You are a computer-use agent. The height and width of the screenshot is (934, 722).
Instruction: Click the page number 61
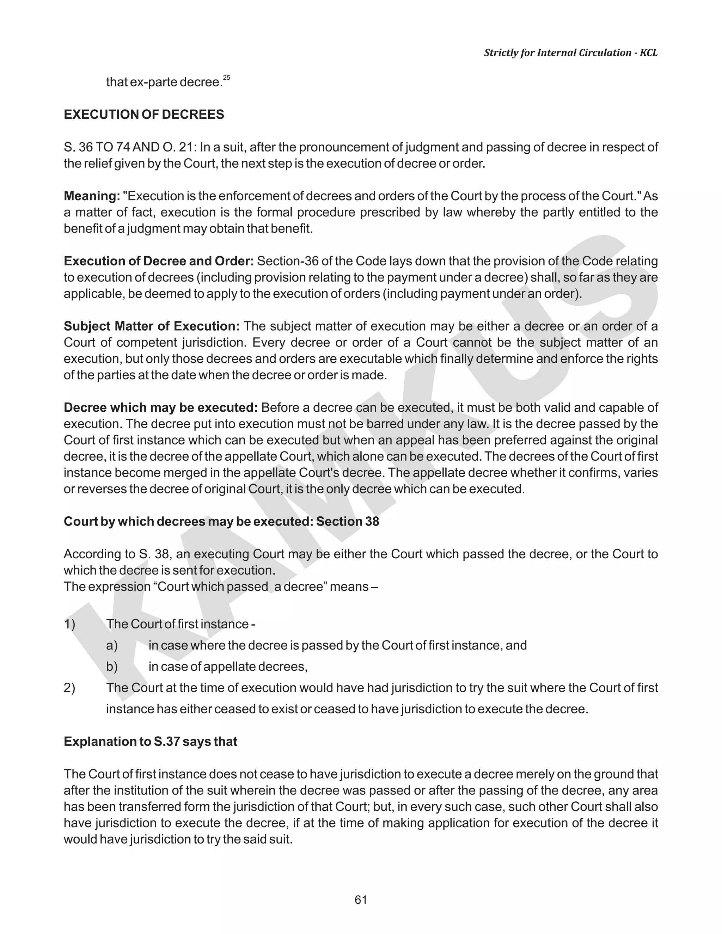click(361, 900)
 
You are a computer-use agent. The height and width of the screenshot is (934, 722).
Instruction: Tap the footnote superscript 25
click(227, 78)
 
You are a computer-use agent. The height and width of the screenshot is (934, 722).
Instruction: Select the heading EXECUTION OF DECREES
click(144, 115)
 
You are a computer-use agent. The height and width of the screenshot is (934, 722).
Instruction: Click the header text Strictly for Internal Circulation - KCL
click(571, 53)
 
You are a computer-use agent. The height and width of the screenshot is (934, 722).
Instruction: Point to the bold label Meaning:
click(92, 196)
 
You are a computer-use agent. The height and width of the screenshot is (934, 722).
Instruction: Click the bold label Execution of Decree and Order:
click(159, 261)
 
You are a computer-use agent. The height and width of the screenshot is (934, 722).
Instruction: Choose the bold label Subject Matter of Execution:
click(151, 326)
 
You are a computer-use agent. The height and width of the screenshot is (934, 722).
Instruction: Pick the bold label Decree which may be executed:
click(160, 407)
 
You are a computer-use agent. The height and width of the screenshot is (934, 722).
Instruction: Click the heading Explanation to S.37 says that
click(150, 741)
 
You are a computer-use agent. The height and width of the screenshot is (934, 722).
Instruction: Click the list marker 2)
click(69, 688)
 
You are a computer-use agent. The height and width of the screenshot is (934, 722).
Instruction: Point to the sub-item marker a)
click(112, 645)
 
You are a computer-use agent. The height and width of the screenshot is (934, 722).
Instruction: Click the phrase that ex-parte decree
click(164, 82)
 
